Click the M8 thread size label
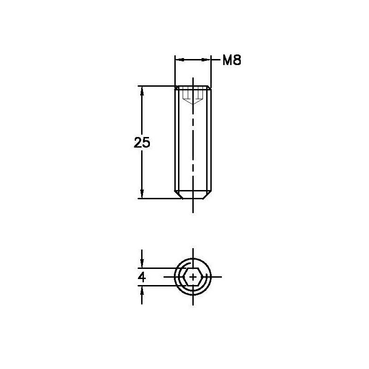[x=232, y=60]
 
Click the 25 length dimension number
[x=142, y=143]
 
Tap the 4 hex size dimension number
[x=142, y=277]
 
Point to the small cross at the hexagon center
[x=193, y=277]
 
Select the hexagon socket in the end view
[x=193, y=277]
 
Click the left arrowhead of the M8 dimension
[x=179, y=60]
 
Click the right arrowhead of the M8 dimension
[x=206, y=60]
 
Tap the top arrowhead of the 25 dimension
[x=142, y=90]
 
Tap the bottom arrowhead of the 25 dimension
[x=142, y=194]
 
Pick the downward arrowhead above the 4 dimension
[x=142, y=263]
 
